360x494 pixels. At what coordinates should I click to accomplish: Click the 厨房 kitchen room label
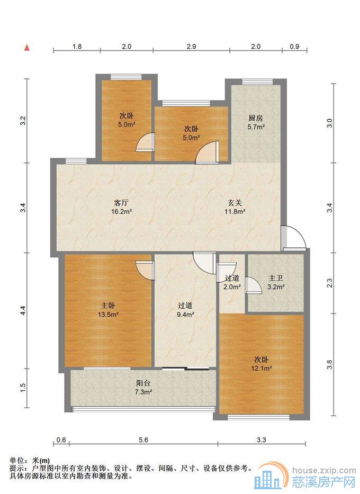tap(255, 118)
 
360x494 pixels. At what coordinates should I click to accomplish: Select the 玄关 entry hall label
tap(235, 203)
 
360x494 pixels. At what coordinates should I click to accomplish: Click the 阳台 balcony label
tap(143, 383)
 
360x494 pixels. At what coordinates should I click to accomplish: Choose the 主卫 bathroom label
tap(276, 278)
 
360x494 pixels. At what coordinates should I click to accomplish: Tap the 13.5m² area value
tap(108, 314)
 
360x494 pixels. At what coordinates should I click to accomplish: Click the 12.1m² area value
tap(262, 367)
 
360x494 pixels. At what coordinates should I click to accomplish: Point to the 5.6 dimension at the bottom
tap(143, 440)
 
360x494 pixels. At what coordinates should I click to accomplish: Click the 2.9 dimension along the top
tap(191, 46)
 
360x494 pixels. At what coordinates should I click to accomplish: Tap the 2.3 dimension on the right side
tap(329, 283)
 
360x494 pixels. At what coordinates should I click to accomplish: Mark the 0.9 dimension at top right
tap(294, 46)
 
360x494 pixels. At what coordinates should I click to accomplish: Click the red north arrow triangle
tap(28, 48)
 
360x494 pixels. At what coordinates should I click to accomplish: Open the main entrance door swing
tap(293, 238)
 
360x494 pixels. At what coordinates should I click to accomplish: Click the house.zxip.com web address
tap(324, 471)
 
